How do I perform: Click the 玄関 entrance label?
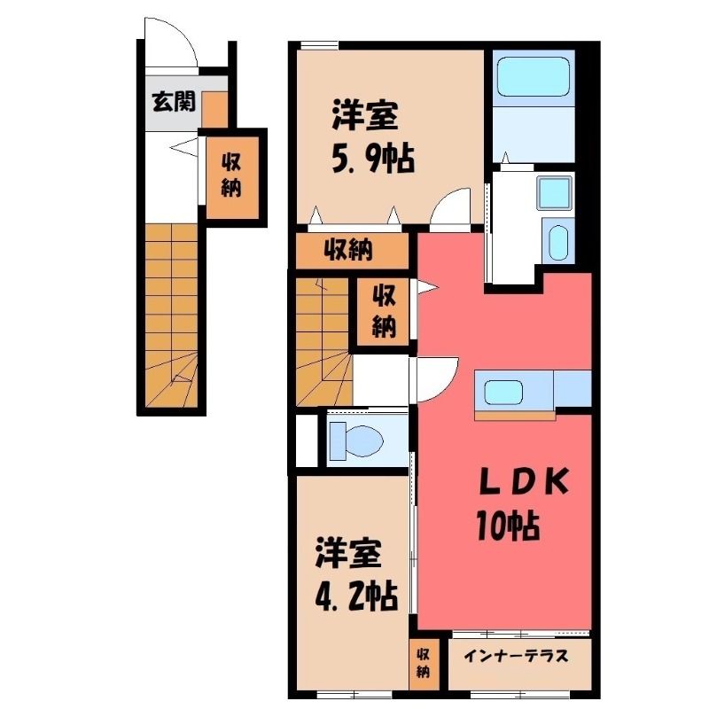click(x=174, y=101)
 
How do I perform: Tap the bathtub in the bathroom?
click(x=533, y=77)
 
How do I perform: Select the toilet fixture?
click(x=356, y=440)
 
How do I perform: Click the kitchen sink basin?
click(x=503, y=392)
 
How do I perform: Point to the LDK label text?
click(x=524, y=482)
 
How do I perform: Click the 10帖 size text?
click(x=508, y=525)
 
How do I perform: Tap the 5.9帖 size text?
click(x=373, y=159)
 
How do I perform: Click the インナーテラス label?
click(x=517, y=655)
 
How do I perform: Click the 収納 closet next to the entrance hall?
click(x=232, y=177)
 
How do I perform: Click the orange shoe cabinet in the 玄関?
click(x=214, y=109)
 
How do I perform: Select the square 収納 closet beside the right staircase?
click(x=384, y=312)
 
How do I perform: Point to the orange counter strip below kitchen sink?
click(x=515, y=415)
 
